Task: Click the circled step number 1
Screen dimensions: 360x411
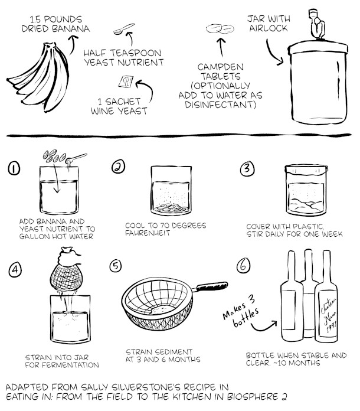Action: pyautogui.click(x=14, y=168)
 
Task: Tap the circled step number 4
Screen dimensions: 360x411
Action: pyautogui.click(x=15, y=270)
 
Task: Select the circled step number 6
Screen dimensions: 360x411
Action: pyautogui.click(x=243, y=266)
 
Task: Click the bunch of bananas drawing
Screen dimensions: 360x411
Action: pyautogui.click(x=40, y=77)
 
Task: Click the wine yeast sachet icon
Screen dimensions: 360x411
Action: pyautogui.click(x=126, y=81)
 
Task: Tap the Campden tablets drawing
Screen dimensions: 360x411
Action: pyautogui.click(x=220, y=29)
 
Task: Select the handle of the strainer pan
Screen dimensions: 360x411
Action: pyautogui.click(x=211, y=286)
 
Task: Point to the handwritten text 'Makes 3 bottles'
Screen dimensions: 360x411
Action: pyautogui.click(x=241, y=312)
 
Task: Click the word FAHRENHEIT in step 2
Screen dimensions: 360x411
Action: pyautogui.click(x=148, y=233)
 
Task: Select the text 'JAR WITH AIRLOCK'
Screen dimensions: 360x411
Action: pyautogui.click(x=269, y=24)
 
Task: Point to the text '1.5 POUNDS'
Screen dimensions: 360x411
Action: pyautogui.click(x=55, y=19)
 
